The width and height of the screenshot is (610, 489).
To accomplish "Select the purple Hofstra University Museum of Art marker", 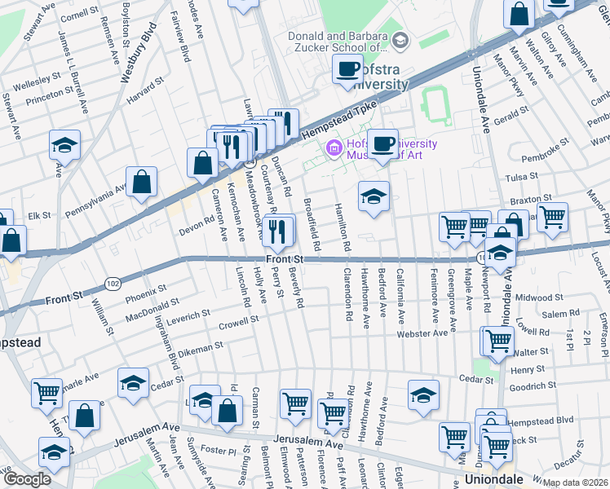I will [333, 149].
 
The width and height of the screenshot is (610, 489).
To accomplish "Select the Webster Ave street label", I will [422, 333].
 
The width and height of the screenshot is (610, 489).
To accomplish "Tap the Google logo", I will [27, 479].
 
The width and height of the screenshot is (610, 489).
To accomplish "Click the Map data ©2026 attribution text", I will [576, 482].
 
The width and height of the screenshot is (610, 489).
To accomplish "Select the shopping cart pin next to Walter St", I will [497, 341].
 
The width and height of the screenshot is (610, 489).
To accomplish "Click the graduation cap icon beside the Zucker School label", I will [400, 40].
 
